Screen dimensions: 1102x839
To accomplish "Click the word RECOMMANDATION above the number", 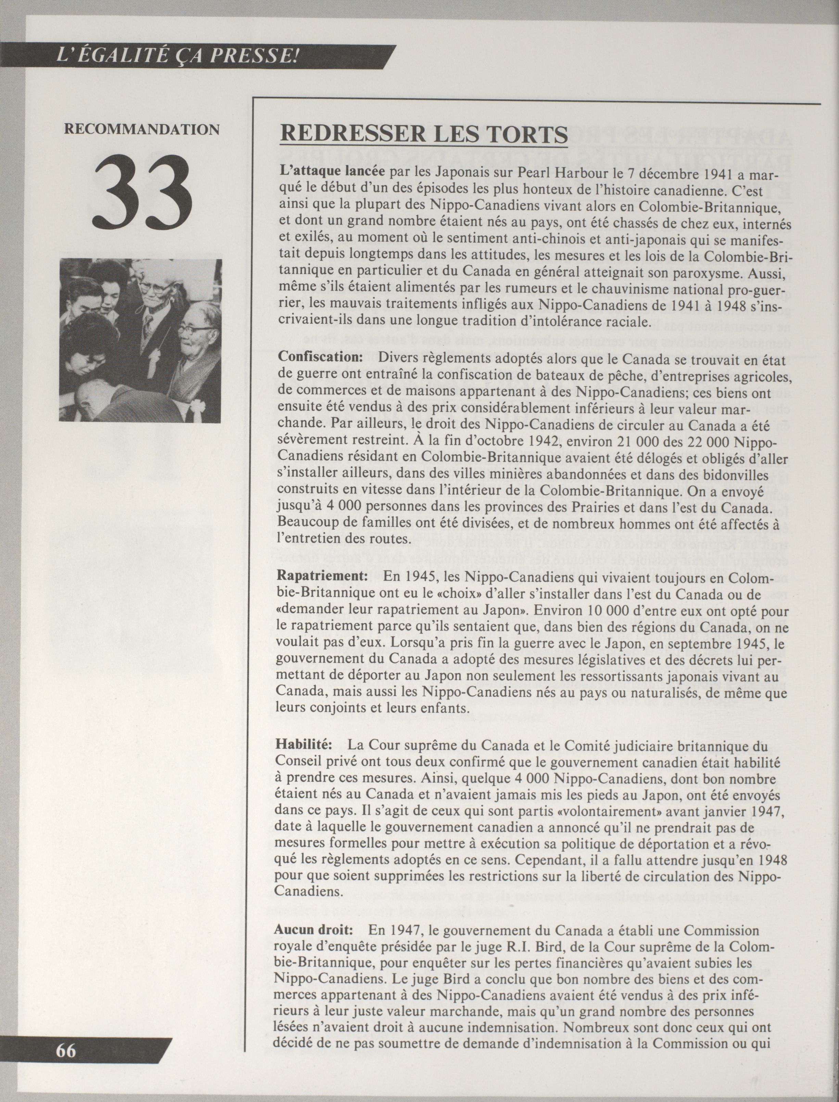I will tap(142, 129).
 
